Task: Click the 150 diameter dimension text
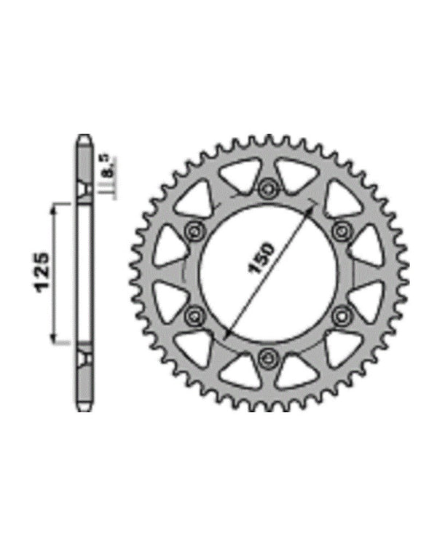click(261, 258)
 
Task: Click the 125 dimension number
click(42, 273)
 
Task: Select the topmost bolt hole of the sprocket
click(268, 189)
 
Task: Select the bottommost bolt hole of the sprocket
click(268, 357)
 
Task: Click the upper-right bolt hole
click(341, 231)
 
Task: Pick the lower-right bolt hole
click(341, 314)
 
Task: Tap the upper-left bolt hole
click(195, 231)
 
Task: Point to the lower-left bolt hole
click(195, 314)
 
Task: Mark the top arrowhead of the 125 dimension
click(52, 209)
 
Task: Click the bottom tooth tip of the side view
click(85, 410)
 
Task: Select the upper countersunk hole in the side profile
click(85, 191)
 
